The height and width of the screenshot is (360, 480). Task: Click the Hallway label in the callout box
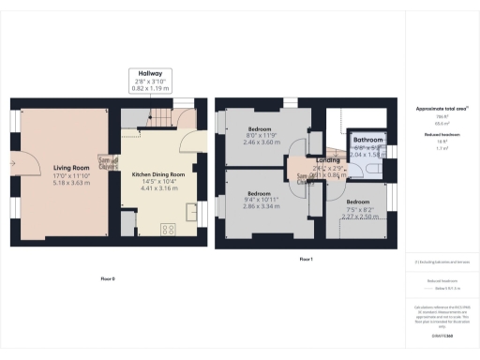coord(150,73)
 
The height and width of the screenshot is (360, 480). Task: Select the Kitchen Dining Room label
coord(157,174)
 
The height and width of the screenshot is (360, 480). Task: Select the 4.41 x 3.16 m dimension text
coord(157,188)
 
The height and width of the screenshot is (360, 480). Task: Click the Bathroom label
coord(368,140)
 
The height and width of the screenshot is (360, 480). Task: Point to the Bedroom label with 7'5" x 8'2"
coord(358,202)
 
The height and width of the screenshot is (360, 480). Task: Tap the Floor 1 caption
coord(305,258)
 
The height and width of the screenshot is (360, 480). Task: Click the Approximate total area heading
coord(442,109)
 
